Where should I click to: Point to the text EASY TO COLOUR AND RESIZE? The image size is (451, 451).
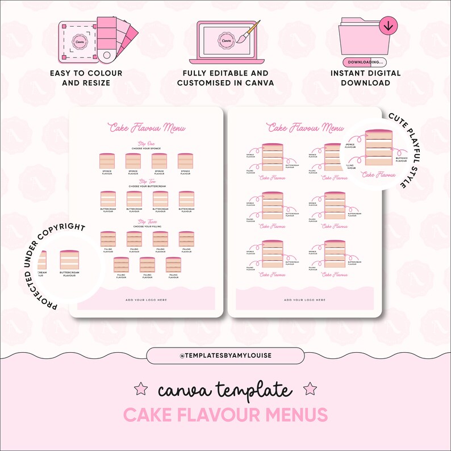[86, 78]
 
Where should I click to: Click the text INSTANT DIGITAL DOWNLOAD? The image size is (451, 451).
[365, 78]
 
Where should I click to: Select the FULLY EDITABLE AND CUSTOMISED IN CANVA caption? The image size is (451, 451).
[225, 78]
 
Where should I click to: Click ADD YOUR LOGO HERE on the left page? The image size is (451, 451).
[147, 299]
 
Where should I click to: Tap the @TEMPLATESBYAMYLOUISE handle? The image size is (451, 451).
[225, 356]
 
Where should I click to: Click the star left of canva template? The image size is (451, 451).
[139, 389]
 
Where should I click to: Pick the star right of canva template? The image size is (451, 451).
[310, 389]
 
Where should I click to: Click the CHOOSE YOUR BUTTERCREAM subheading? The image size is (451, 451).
[147, 186]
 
